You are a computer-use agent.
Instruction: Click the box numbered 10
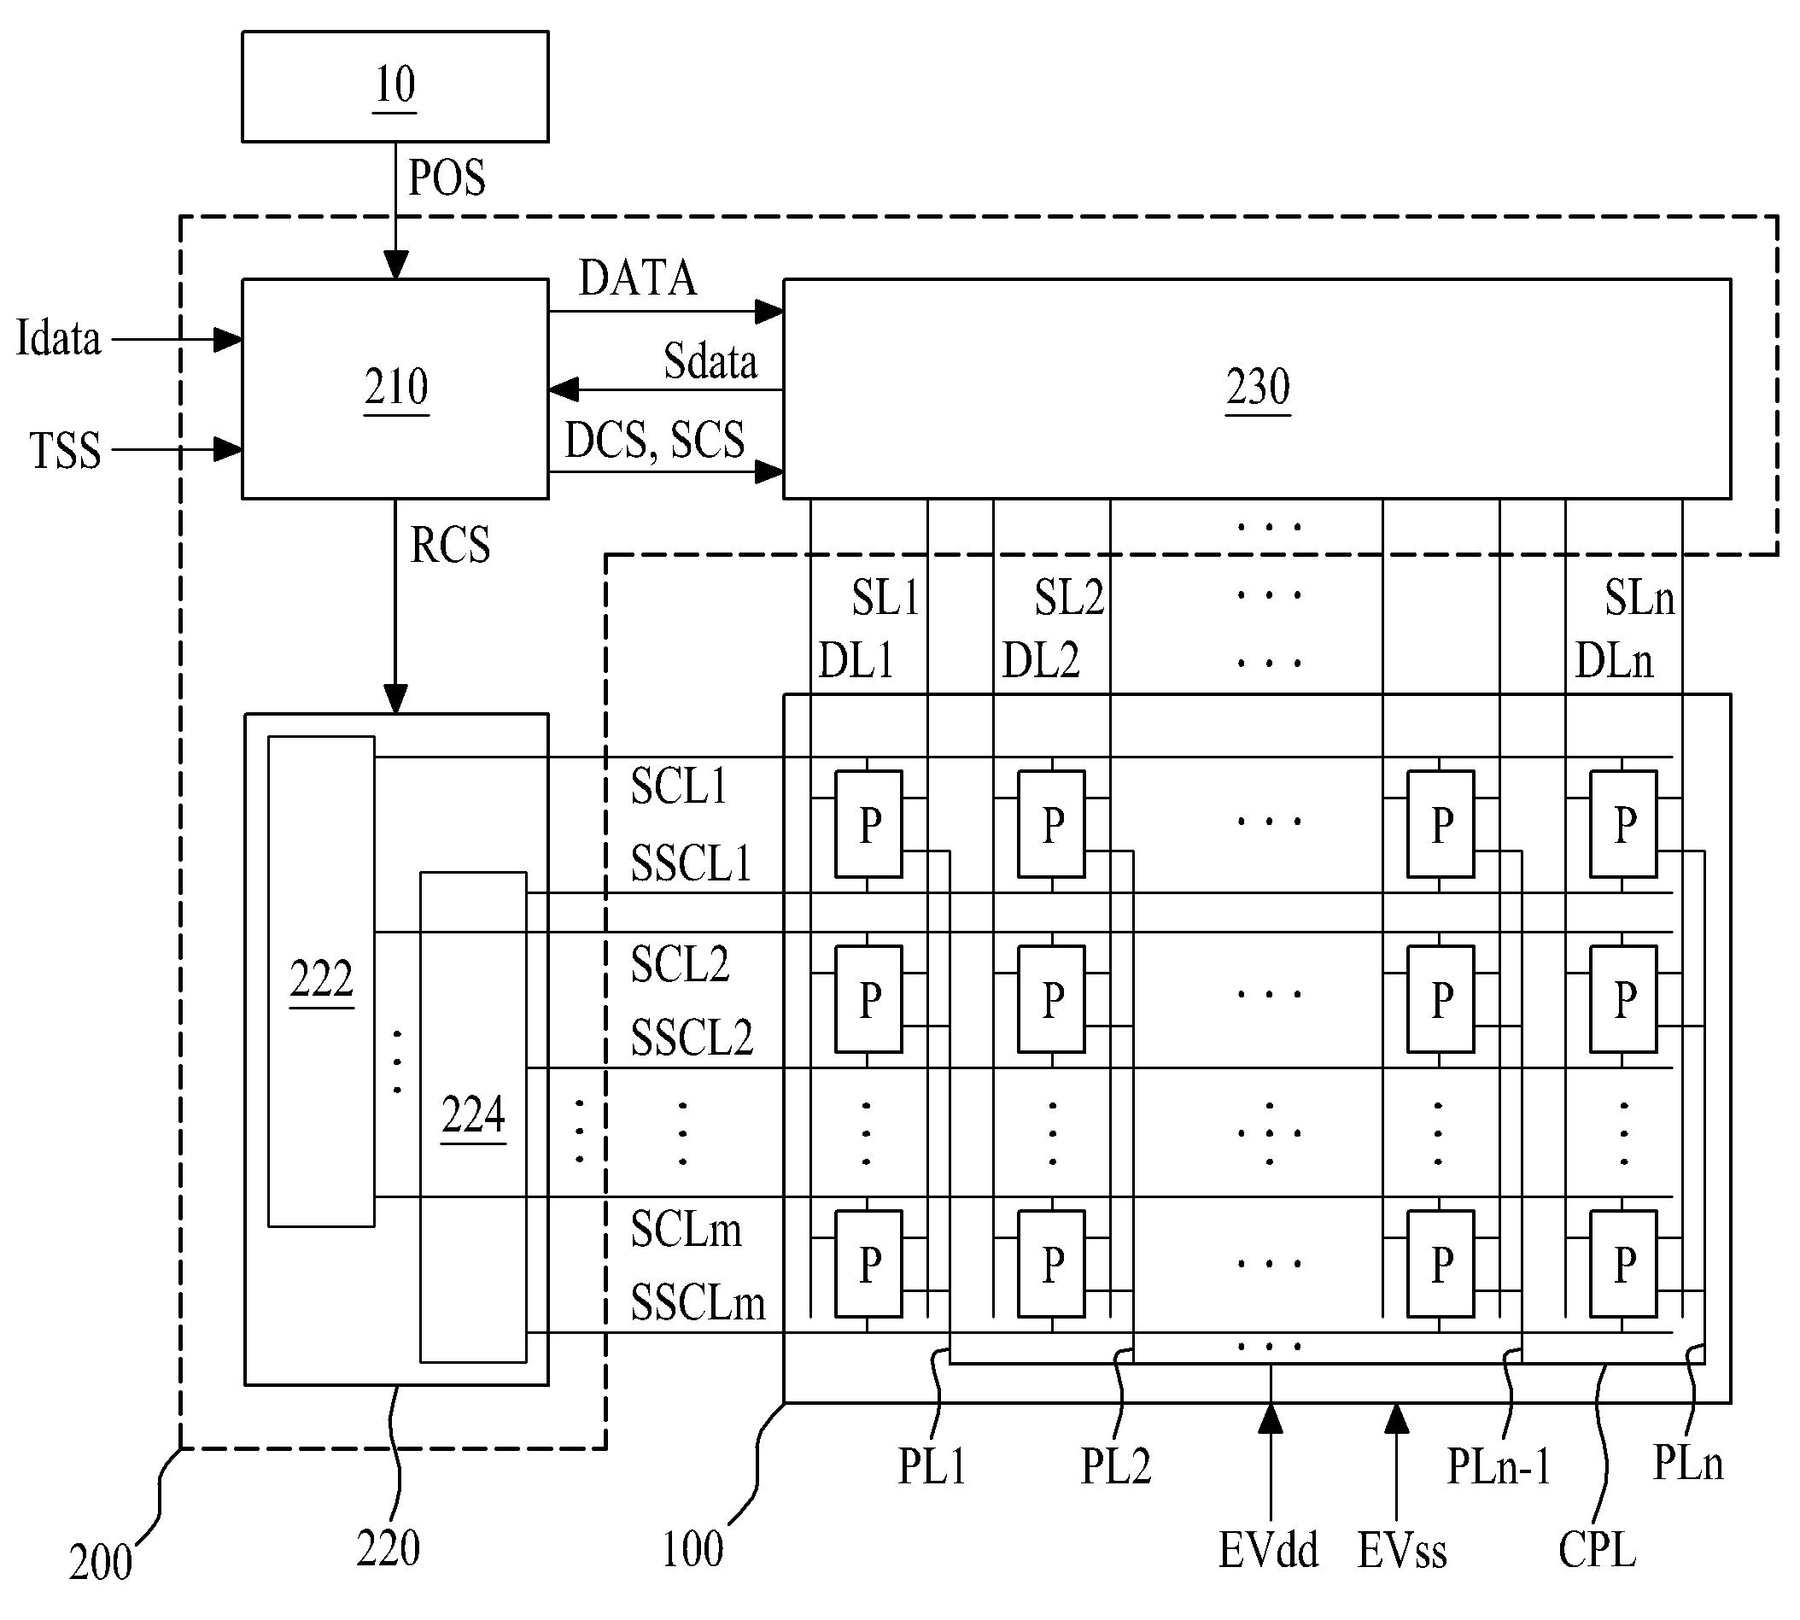[395, 86]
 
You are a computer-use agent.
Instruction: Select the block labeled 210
[395, 389]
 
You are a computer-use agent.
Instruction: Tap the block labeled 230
[1257, 389]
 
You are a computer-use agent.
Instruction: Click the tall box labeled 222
[321, 982]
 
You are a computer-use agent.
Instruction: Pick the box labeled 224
[474, 1117]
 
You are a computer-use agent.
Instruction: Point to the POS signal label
[447, 178]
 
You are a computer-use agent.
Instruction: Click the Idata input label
[59, 339]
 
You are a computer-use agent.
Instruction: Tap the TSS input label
[66, 450]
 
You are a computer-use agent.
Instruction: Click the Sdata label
[710, 362]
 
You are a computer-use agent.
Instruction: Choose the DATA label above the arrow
[637, 278]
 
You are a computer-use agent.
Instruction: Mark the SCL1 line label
[679, 786]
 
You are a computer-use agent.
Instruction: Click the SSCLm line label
[698, 1303]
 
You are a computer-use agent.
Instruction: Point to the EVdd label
[1269, 1551]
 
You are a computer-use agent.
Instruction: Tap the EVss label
[1402, 1551]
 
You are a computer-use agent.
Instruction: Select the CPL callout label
[1597, 1551]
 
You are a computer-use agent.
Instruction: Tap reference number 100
[693, 1550]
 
